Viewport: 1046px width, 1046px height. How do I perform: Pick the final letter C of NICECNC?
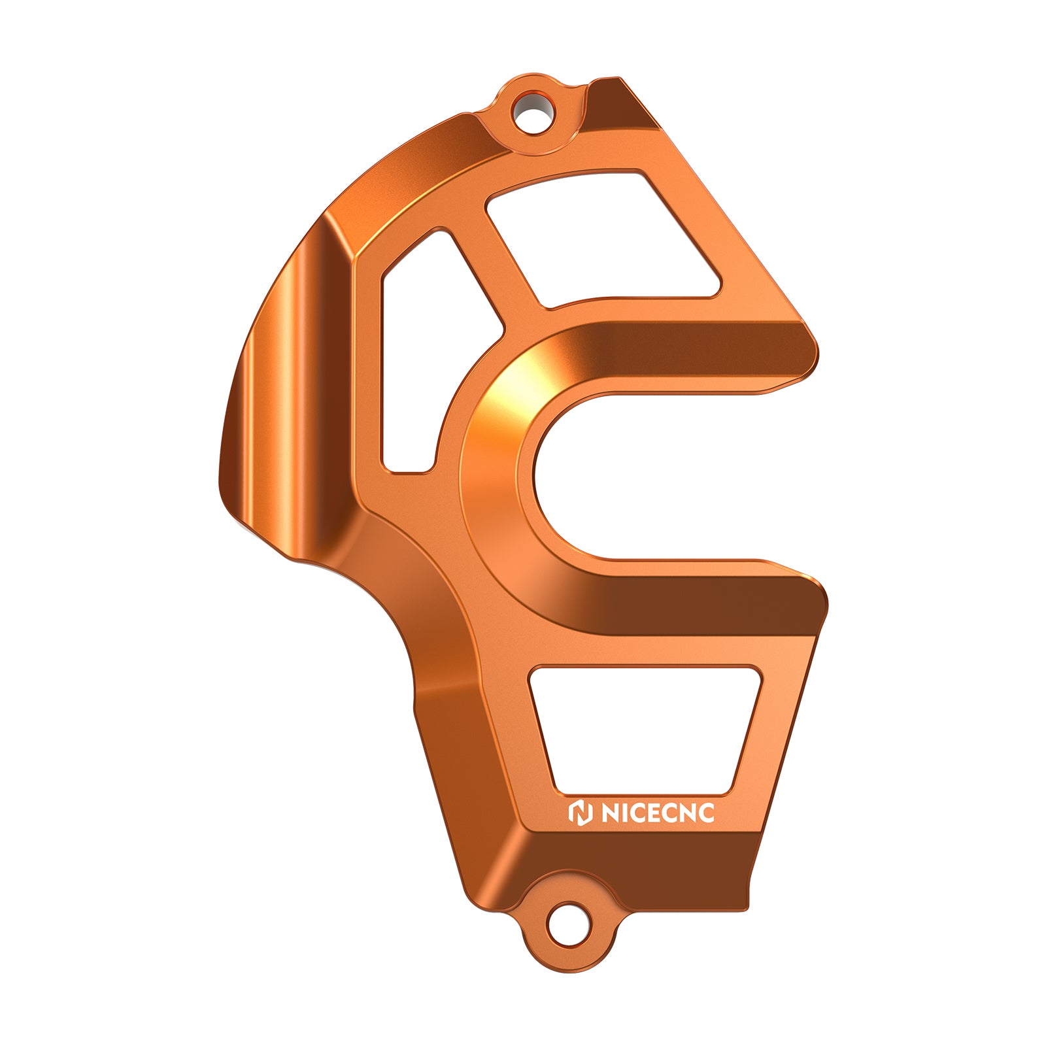click(705, 813)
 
